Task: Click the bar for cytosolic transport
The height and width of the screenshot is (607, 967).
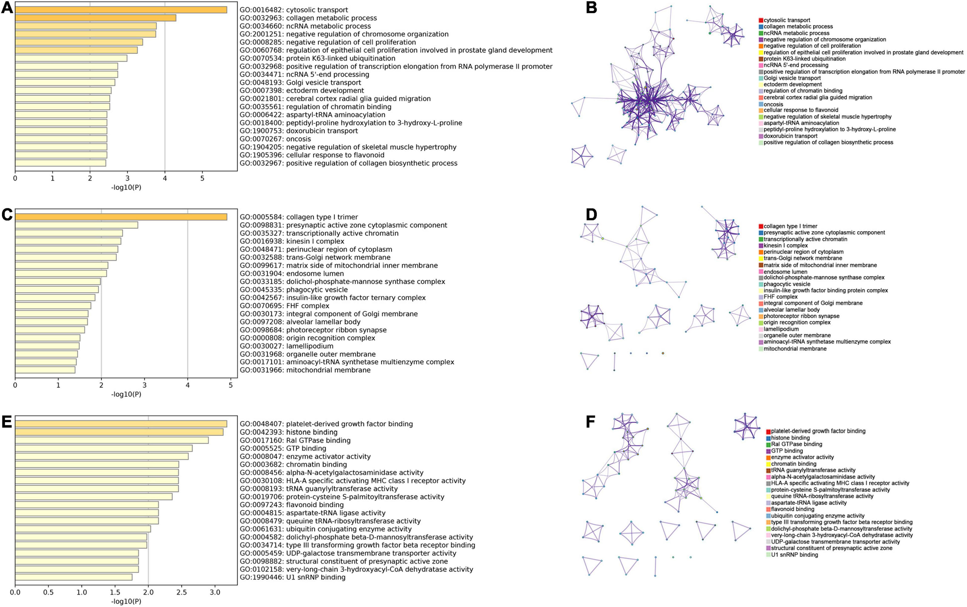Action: pos(120,10)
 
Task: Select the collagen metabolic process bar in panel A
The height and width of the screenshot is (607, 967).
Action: pos(96,18)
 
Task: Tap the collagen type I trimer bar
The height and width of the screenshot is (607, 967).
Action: pos(120,217)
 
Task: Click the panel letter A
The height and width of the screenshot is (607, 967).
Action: pos(7,8)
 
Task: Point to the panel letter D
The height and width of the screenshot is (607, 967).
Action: pos(591,215)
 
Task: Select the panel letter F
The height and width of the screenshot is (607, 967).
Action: pos(590,422)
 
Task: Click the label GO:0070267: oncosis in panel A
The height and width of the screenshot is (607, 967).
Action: pos(275,139)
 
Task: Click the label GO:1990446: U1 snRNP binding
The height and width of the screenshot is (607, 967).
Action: pos(292,577)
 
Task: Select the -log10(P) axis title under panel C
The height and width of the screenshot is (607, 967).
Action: pos(126,394)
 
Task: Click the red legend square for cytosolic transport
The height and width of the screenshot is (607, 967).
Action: pos(761,20)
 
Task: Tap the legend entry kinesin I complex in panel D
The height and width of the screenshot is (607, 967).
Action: pos(786,245)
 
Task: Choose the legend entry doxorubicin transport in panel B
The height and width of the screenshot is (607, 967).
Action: pos(790,136)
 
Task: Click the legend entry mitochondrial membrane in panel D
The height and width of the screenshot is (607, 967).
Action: pos(795,348)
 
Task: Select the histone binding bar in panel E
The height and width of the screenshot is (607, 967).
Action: pos(119,432)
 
